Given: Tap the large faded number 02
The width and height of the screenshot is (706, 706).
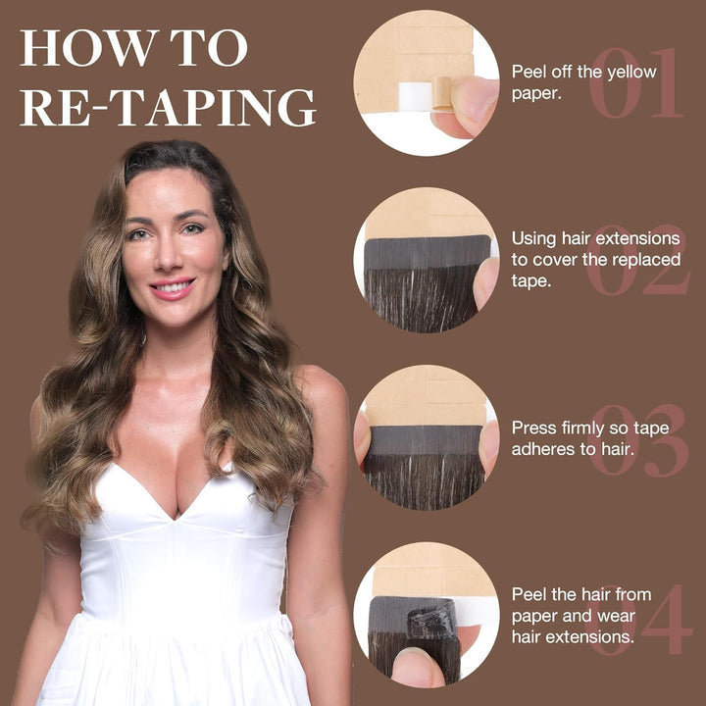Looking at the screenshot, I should [638, 260].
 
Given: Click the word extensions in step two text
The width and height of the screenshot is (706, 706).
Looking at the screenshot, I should [636, 238].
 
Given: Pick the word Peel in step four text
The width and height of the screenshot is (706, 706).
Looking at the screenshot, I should [530, 594].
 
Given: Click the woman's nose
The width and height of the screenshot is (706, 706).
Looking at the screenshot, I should [167, 258].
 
